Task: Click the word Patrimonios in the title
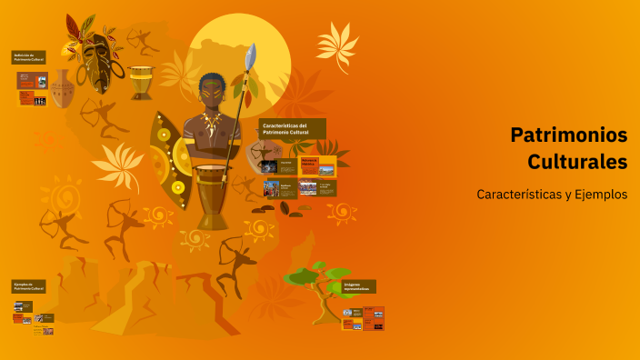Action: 569,135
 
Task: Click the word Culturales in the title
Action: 577,162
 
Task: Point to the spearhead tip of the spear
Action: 252,53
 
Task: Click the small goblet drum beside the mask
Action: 141,82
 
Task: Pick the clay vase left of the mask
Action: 62,89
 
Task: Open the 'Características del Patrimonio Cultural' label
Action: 292,128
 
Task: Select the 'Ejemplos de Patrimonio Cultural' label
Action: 29,286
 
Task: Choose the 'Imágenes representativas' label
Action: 358,286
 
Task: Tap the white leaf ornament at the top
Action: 337,45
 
